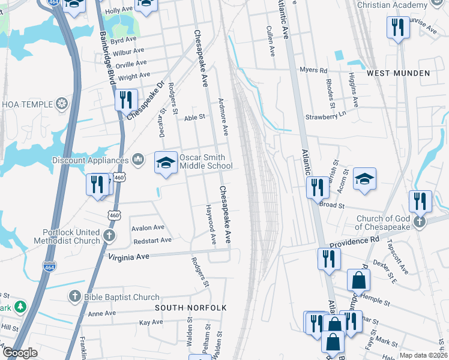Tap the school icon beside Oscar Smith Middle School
[166, 162]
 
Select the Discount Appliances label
[91, 160]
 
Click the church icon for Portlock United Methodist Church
[109, 235]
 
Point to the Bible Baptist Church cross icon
[74, 296]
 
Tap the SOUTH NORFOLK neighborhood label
[190, 308]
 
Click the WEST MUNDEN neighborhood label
[399, 73]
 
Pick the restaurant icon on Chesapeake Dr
[125, 99]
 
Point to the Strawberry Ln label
[327, 116]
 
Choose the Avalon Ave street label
[148, 228]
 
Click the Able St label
[194, 118]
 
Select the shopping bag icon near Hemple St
[358, 280]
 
